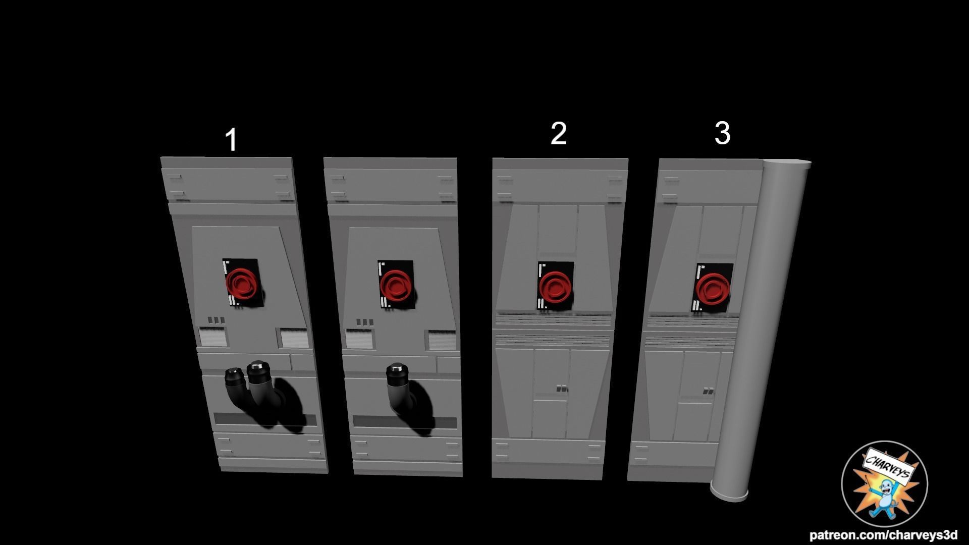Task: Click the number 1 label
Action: pos(231,140)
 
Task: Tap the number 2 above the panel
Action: pos(558,133)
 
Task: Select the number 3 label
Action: pos(722,133)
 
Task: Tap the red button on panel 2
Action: pos(555,287)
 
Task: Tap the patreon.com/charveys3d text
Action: pos(883,535)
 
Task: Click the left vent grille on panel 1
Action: pos(212,336)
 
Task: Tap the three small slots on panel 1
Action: pos(216,320)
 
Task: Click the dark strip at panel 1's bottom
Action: pos(265,419)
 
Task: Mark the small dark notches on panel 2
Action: pos(562,389)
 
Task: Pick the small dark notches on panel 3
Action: pos(709,391)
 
